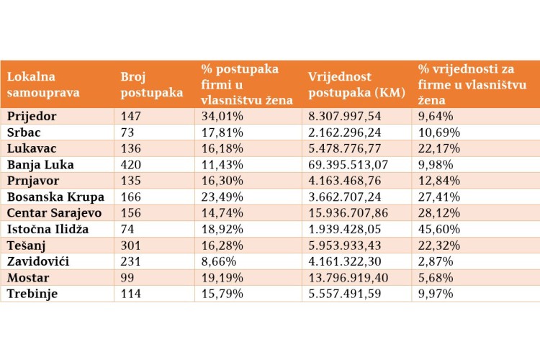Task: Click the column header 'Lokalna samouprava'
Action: coord(43,84)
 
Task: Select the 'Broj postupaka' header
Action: coord(151,84)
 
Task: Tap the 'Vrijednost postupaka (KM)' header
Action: coord(356,84)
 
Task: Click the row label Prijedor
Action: coord(32,117)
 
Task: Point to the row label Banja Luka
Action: coord(40,165)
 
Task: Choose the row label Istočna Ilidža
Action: coord(48,229)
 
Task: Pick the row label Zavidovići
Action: coord(38,261)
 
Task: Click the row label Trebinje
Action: coord(32,294)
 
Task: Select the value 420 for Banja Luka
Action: coord(131,165)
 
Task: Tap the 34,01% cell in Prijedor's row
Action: coord(222,117)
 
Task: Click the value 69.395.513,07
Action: coord(348,165)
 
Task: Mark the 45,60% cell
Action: coord(439,229)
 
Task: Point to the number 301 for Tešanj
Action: coord(131,246)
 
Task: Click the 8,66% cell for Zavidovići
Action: coord(219,261)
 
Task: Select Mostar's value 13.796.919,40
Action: coord(348,278)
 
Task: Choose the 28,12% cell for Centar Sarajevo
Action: coord(439,213)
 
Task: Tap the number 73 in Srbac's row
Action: coord(127,132)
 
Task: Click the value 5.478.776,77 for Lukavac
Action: coord(345,148)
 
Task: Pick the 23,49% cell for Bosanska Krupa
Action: coord(222,197)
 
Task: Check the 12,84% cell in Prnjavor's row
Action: coord(439,181)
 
